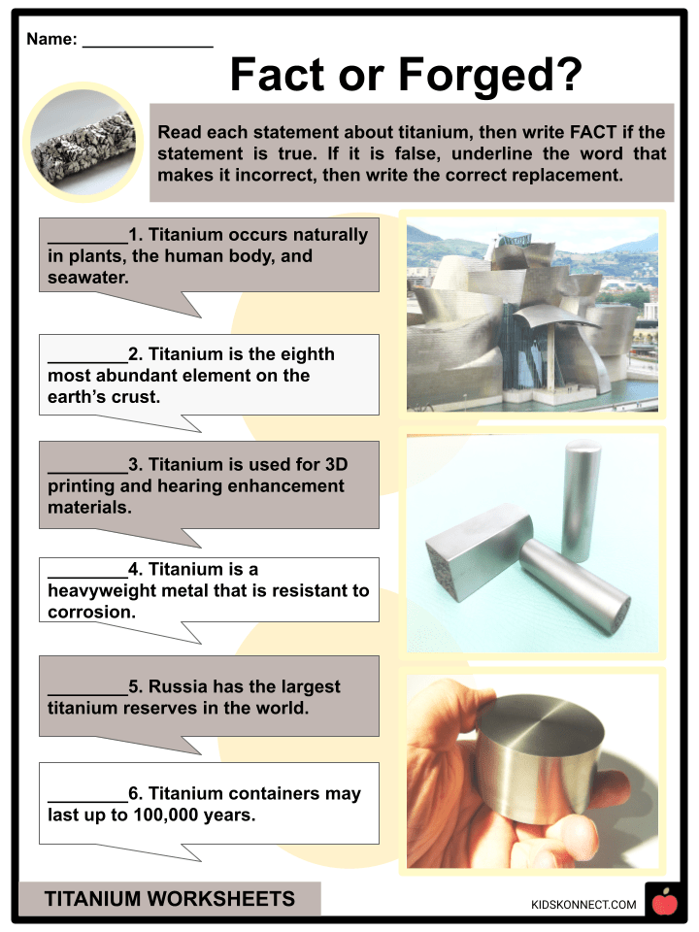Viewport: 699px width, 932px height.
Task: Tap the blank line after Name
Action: pyautogui.click(x=148, y=41)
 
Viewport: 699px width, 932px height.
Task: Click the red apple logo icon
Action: pyautogui.click(x=664, y=903)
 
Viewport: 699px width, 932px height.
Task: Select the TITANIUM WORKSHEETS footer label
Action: pyautogui.click(x=169, y=899)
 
